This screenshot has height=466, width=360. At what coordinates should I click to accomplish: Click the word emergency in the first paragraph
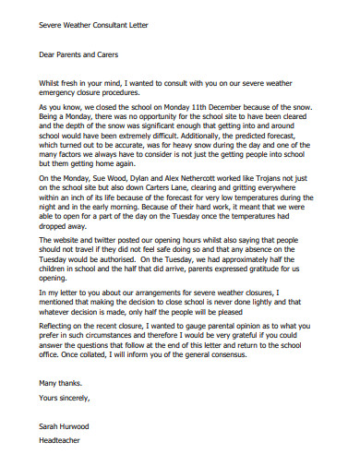pos(62,93)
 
